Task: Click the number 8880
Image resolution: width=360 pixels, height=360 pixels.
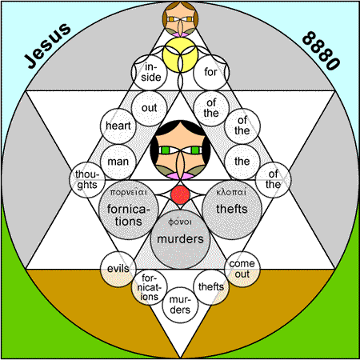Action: [x=321, y=50]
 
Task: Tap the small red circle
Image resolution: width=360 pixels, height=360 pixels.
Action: [x=181, y=195]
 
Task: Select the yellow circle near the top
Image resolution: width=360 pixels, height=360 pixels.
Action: [x=180, y=55]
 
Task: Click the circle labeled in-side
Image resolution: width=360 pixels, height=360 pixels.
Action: [x=150, y=73]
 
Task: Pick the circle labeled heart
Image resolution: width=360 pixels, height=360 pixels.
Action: [x=118, y=126]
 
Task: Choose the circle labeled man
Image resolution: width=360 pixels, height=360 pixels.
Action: [x=118, y=162]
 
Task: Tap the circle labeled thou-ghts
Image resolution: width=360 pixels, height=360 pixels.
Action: [x=87, y=180]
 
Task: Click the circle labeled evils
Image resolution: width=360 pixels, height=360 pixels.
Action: [x=118, y=269]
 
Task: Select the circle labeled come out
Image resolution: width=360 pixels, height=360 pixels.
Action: [x=242, y=269]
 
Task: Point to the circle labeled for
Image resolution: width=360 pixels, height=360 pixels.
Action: [x=211, y=73]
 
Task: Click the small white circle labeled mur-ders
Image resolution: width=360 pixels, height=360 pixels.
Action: [x=180, y=305]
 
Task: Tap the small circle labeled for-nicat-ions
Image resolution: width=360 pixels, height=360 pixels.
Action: [x=150, y=287]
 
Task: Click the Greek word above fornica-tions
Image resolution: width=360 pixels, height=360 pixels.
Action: [x=129, y=192]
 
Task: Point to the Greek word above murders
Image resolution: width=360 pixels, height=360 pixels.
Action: [x=180, y=222]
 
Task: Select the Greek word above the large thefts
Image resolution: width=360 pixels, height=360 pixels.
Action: [x=231, y=192]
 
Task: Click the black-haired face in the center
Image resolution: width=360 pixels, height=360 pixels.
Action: [x=180, y=150]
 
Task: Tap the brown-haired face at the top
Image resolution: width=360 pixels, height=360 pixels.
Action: [x=180, y=19]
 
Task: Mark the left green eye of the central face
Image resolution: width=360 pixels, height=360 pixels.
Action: [x=166, y=150]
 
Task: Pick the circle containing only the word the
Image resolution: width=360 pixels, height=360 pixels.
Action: [x=242, y=162]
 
